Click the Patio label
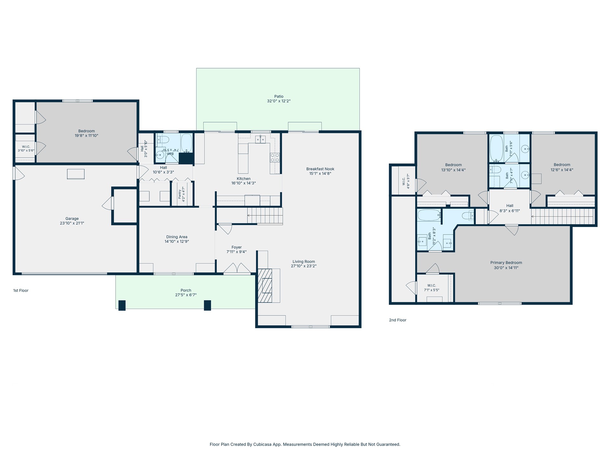pos(279,96)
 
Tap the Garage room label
pos(72,219)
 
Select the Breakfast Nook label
pos(320,169)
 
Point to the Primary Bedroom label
pos(506,263)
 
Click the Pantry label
pos(180,194)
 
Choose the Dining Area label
pos(177,237)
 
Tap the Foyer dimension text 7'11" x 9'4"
pos(236,252)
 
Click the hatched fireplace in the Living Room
pos(265,286)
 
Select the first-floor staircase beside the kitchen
pos(265,216)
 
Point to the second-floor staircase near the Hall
pos(562,216)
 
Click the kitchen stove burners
pos(275,158)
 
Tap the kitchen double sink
pos(261,139)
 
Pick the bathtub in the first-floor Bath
pos(186,143)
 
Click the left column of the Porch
pos(122,305)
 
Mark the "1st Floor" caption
pos(21,290)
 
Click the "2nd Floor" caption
pos(398,320)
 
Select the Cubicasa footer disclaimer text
pos(305,444)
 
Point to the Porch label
pos(186,290)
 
